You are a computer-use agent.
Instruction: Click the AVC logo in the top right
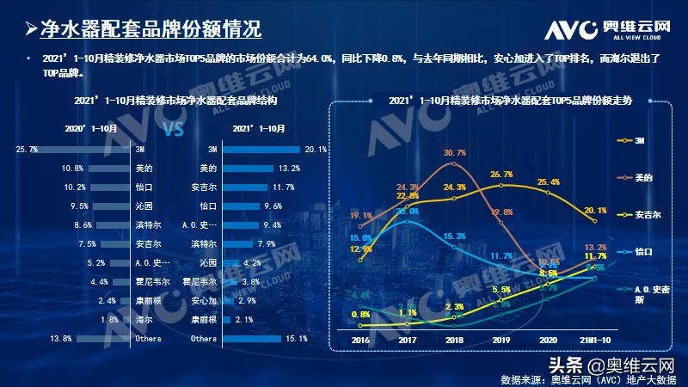coord(606,28)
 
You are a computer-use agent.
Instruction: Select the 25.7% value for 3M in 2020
coord(27,150)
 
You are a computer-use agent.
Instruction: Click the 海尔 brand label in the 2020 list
coord(140,320)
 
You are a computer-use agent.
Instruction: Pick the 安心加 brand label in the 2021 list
coord(204,301)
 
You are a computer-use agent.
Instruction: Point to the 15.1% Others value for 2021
coord(296,339)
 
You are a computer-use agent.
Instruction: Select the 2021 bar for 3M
coord(259,150)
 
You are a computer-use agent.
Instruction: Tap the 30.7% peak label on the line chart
coord(455,153)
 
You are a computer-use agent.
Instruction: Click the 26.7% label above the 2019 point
coord(501,175)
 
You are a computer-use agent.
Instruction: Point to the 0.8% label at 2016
coord(362,314)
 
